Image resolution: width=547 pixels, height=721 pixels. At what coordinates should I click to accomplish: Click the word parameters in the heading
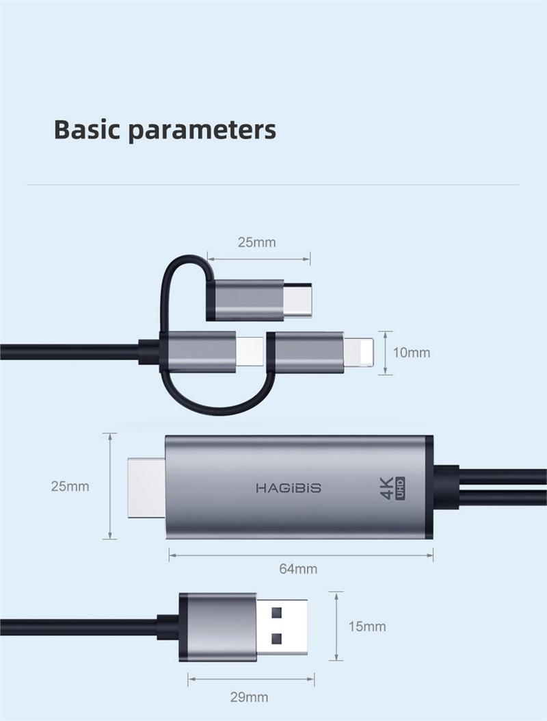click(202, 130)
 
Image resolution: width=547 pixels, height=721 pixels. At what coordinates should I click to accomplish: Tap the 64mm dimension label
click(298, 569)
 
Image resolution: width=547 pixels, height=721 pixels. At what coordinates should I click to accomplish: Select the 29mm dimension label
click(249, 698)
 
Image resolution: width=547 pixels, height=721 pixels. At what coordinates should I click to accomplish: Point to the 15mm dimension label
click(367, 627)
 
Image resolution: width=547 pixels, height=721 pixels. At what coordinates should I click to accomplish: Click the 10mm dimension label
click(412, 353)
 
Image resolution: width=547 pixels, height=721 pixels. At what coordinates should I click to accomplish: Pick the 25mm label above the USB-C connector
click(257, 242)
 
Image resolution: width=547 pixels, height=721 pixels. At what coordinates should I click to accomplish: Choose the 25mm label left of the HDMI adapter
click(70, 487)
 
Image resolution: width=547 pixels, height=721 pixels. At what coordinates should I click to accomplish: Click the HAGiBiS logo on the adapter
click(288, 488)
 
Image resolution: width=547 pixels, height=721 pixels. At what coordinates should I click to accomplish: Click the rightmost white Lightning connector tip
click(360, 352)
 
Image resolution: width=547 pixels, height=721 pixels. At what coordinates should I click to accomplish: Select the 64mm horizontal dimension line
click(301, 555)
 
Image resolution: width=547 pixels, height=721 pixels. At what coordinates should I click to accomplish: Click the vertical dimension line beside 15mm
click(336, 627)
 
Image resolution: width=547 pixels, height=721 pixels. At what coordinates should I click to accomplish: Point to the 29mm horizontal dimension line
click(252, 680)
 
